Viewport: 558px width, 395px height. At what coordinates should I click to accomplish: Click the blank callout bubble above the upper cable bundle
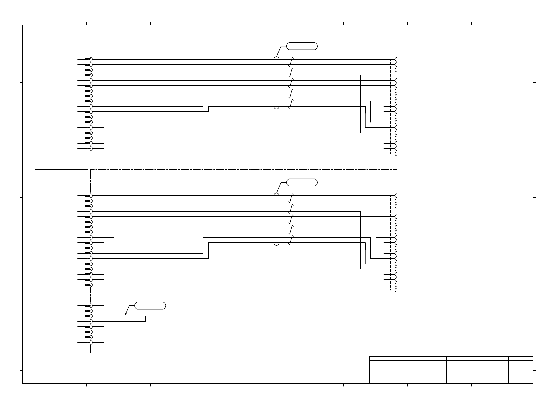(302, 46)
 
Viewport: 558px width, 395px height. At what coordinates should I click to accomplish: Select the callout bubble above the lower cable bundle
(302, 182)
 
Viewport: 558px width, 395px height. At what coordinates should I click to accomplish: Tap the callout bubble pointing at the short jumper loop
(150, 306)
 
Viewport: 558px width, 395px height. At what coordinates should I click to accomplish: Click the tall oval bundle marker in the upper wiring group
(277, 83)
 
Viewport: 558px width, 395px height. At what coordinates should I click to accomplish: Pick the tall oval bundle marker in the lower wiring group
(277, 219)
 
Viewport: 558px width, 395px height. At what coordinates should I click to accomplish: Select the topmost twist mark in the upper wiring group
(291, 62)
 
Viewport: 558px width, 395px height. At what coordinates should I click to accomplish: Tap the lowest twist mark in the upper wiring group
(291, 104)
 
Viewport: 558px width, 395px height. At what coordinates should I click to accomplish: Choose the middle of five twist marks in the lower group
(291, 219)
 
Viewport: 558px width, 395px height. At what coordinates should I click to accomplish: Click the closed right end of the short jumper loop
(145, 319)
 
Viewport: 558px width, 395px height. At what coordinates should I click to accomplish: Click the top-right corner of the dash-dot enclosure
(397, 170)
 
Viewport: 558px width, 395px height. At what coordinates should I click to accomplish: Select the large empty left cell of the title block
(408, 372)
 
